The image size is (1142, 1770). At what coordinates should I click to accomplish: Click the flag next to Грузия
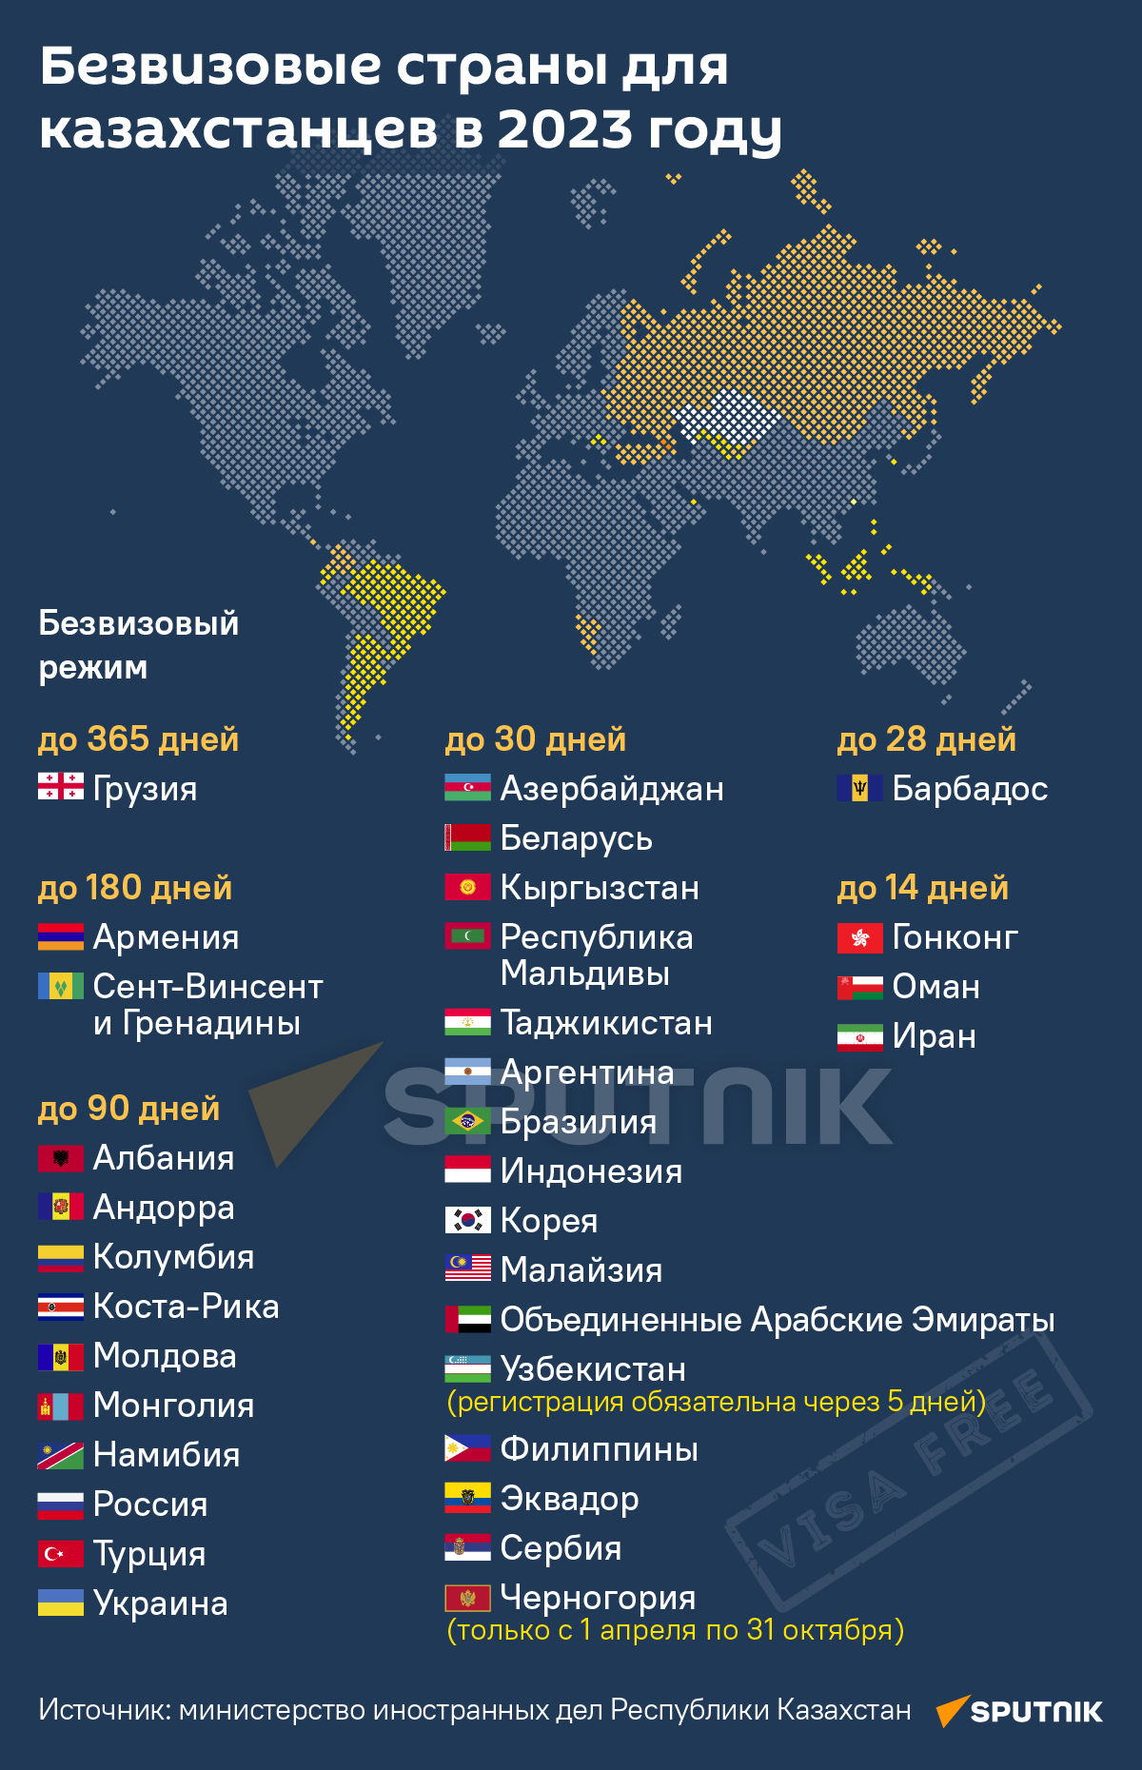click(60, 787)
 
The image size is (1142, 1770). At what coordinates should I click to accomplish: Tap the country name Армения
click(166, 937)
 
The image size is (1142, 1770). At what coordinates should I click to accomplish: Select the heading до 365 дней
click(138, 739)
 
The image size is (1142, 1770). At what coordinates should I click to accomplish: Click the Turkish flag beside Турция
click(60, 1554)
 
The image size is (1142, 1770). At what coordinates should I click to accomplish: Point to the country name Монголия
click(173, 1406)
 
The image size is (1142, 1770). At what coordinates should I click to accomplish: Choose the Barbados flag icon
click(859, 788)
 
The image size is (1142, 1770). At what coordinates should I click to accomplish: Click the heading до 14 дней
click(922, 888)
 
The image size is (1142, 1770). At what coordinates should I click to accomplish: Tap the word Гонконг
click(955, 937)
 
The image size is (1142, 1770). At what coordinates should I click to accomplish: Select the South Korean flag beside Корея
click(467, 1220)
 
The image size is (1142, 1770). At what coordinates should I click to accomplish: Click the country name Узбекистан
click(593, 1369)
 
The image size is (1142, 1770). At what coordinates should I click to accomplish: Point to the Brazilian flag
click(467, 1121)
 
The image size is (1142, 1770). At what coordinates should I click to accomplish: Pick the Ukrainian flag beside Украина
click(60, 1603)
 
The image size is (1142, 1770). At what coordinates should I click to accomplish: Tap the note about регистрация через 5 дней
click(716, 1402)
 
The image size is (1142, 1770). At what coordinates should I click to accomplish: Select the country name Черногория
click(598, 1598)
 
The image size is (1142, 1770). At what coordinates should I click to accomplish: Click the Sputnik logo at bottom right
click(1019, 1711)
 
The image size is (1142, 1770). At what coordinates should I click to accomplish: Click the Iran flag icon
click(859, 1036)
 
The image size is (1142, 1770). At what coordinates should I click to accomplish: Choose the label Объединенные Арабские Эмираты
click(778, 1320)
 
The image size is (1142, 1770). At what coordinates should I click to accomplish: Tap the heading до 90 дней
click(128, 1109)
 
